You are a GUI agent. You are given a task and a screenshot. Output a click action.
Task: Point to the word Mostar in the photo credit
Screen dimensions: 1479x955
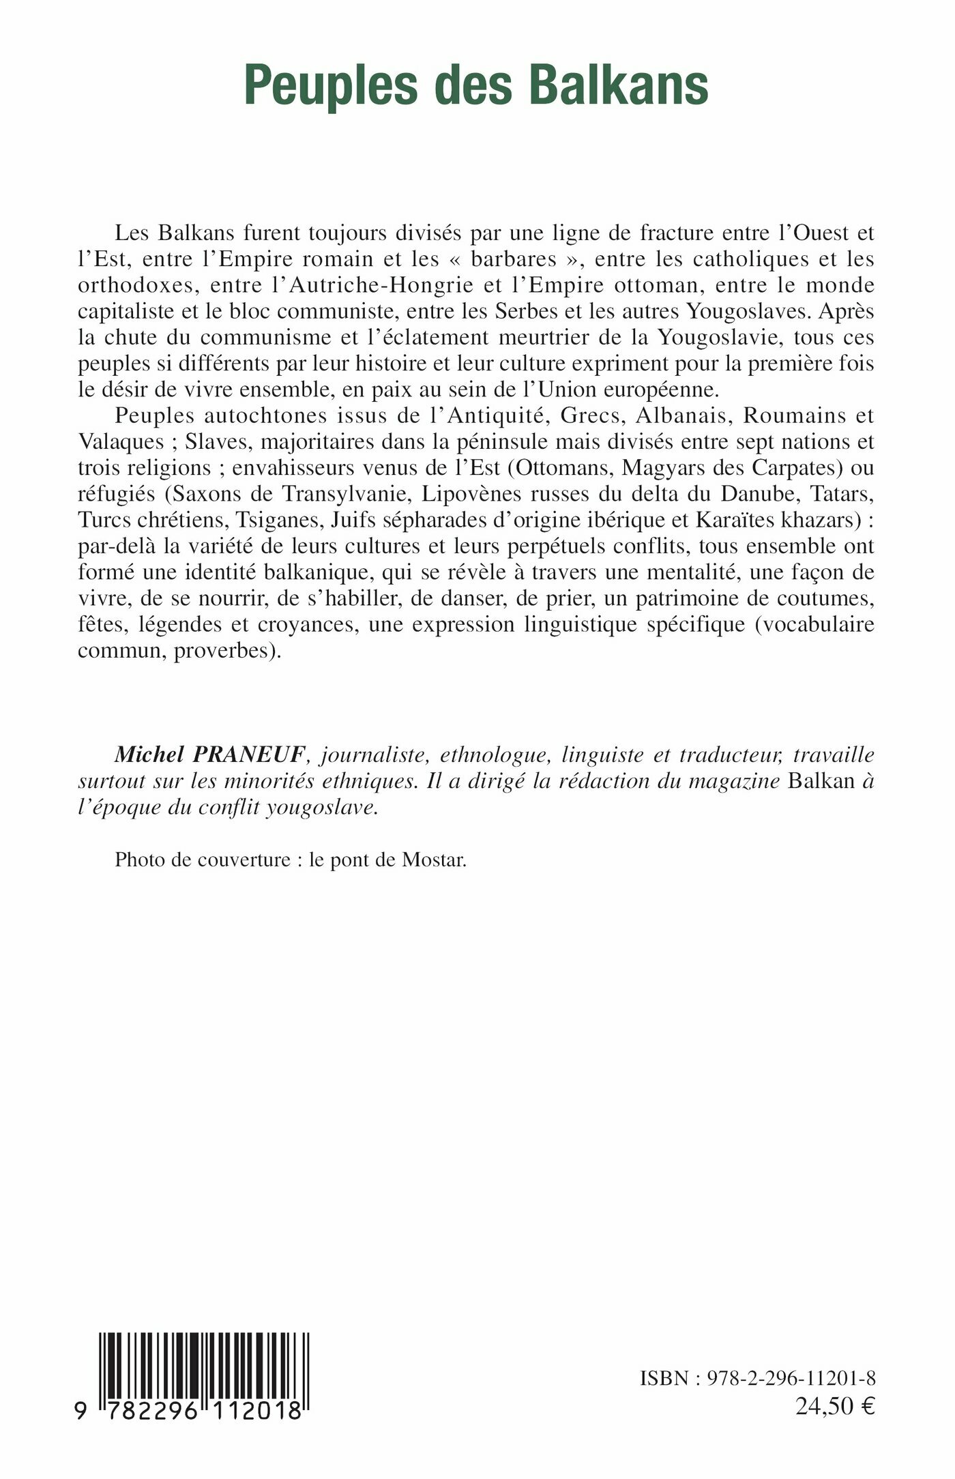coord(433,860)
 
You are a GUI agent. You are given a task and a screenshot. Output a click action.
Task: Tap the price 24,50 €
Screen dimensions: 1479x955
coord(835,1405)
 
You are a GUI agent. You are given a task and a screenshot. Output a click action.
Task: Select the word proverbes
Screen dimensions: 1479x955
coord(226,651)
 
